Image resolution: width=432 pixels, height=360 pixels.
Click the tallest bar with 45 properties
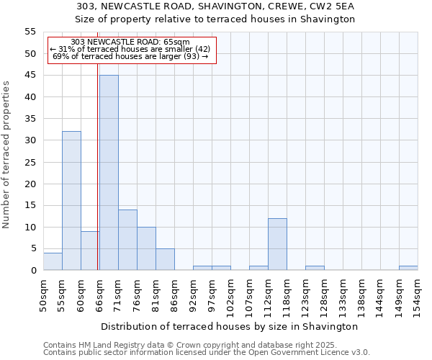[109, 173]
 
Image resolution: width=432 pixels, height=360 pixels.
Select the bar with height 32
[71, 201]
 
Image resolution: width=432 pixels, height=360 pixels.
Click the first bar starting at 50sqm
[53, 262]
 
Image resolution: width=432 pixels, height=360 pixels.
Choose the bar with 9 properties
[90, 251]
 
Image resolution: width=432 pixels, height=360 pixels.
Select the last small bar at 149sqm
[408, 268]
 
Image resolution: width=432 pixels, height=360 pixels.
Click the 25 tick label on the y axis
[30, 162]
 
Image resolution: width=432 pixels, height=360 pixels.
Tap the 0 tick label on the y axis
[33, 271]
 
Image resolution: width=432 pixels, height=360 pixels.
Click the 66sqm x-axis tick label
[99, 294]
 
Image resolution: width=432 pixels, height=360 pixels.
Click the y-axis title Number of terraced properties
[7, 155]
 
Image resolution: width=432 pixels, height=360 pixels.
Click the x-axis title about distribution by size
[229, 326]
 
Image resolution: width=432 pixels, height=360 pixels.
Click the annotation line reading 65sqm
[131, 42]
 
